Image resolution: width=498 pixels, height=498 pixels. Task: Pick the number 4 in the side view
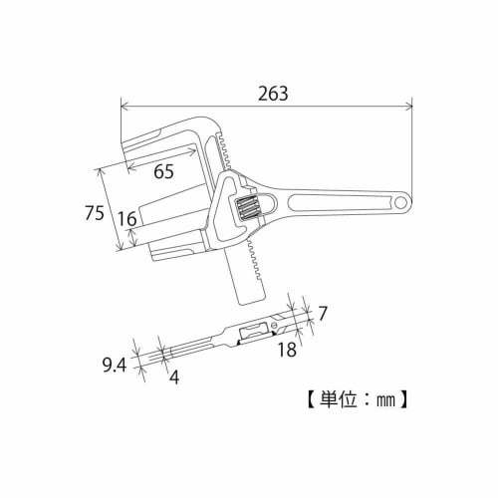[173, 376]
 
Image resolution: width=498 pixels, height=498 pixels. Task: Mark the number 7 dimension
[323, 314]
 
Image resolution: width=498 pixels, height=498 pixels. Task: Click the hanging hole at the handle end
[402, 203]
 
